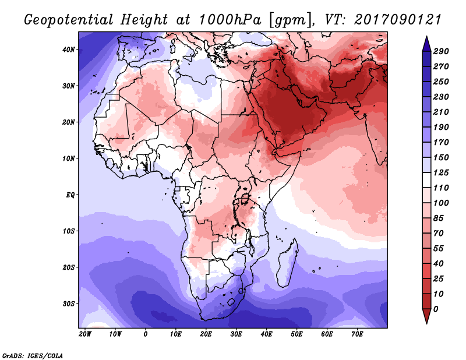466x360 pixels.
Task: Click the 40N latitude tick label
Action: coord(69,50)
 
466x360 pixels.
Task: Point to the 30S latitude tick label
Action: coord(69,304)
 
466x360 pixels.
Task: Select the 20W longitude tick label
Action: coord(85,334)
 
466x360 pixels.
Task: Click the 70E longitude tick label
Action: coord(357,334)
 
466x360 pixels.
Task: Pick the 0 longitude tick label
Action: coord(145,334)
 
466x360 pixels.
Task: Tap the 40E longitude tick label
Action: coord(266,334)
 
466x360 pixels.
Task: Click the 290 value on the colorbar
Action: coord(441,51)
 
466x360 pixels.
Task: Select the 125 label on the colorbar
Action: coord(441,172)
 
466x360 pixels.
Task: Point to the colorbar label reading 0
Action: coord(436,309)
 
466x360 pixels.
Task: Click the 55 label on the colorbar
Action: coord(439,249)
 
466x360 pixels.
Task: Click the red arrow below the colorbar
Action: coord(426,316)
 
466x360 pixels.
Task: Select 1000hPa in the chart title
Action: coord(230,20)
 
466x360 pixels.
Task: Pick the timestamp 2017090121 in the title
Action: coord(398,20)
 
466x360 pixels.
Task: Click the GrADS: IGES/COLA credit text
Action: coord(33,356)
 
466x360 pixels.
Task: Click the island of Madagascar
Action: coord(287,263)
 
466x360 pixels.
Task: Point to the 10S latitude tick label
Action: coord(69,231)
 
